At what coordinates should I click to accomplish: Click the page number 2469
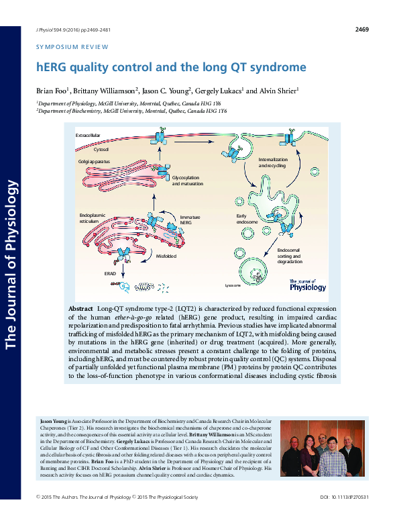tap(361, 29)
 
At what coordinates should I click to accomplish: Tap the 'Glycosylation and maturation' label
tap(187, 180)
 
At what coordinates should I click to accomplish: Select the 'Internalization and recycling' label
tap(272, 162)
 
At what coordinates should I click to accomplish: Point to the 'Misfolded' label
tap(166, 256)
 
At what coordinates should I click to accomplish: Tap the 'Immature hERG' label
tap(189, 219)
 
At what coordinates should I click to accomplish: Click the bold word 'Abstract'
tap(81, 308)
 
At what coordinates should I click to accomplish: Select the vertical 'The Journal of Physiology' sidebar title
tap(11, 262)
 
